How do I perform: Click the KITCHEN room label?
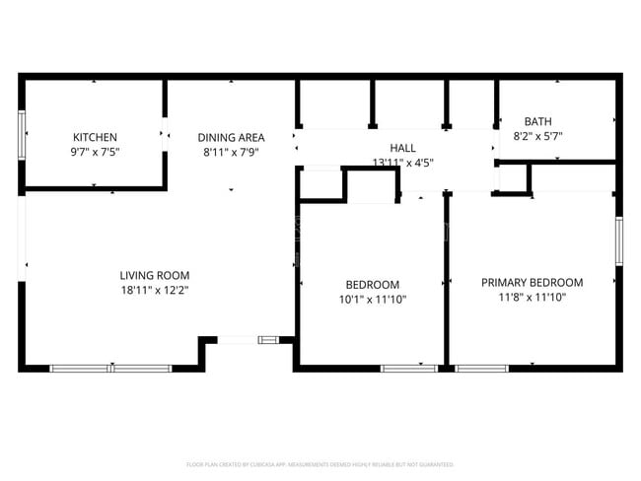[x=95, y=137]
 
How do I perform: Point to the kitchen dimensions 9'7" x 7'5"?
[x=95, y=152]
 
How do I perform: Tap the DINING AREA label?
[x=231, y=137]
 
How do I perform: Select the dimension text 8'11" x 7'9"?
[x=231, y=152]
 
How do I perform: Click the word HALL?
[x=402, y=147]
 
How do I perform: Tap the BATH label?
[x=538, y=121]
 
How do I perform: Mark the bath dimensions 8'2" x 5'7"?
[x=538, y=136]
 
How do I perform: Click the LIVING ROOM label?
[x=154, y=275]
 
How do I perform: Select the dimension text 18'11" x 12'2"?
[x=154, y=291]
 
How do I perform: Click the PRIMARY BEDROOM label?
[x=532, y=282]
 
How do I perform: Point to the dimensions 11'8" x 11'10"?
[x=532, y=298]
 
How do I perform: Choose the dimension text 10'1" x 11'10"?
[x=372, y=300]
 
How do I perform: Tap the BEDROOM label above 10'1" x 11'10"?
[x=372, y=284]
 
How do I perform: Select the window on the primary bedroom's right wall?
[x=618, y=240]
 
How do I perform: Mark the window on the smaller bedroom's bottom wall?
[x=408, y=369]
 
